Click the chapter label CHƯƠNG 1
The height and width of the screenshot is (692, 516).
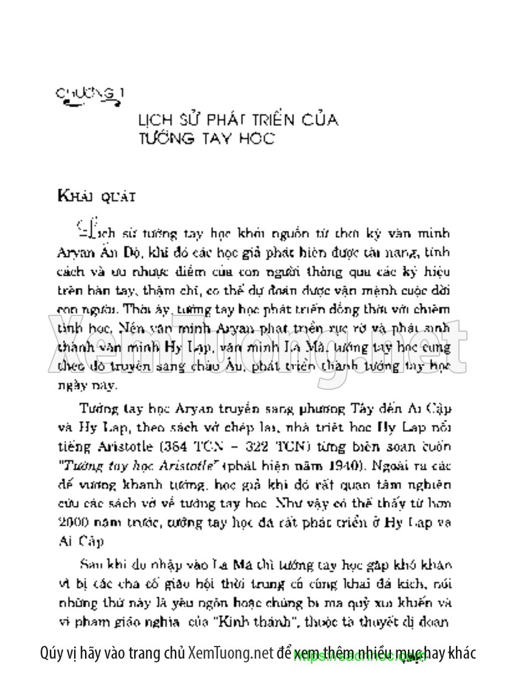90,94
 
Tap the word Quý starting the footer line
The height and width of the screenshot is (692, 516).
52,654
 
